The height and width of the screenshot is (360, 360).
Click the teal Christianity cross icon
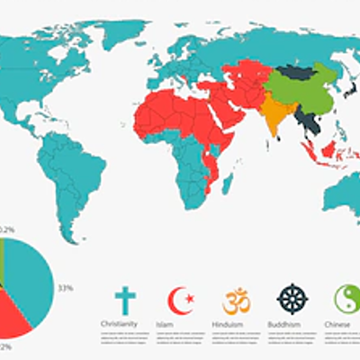point(127,300)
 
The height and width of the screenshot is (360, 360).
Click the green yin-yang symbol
point(346,300)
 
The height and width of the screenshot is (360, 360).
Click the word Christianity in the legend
point(125,322)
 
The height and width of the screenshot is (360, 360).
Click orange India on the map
point(274,112)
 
